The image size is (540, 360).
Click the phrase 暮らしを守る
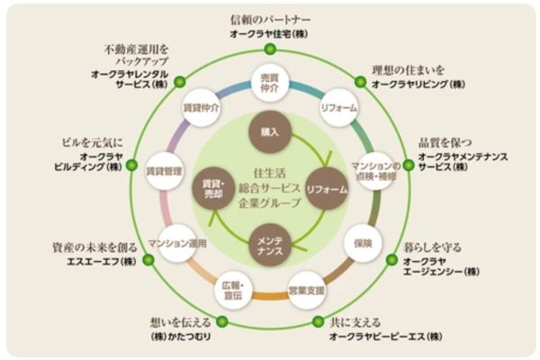[x=430, y=244]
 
